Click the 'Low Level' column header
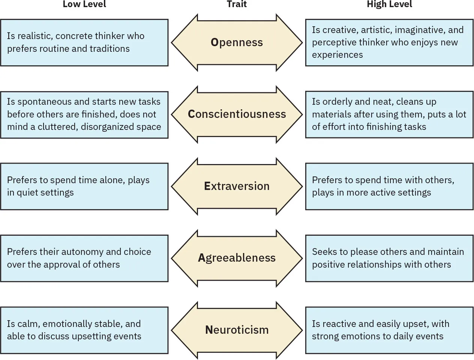point(84,5)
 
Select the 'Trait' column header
point(237,5)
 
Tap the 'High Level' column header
point(389,5)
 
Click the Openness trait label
point(237,42)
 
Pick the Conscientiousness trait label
point(237,114)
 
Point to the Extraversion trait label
point(237,186)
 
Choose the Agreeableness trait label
point(237,258)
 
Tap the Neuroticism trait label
point(237,330)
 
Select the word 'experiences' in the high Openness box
point(337,55)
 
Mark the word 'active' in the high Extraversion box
point(380,193)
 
